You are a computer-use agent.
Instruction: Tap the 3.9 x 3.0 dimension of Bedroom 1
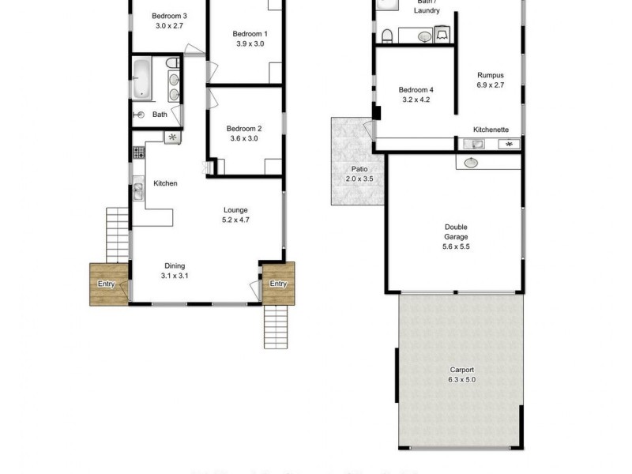point(250,44)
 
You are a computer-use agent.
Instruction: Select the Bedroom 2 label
point(243,129)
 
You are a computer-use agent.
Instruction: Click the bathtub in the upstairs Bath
point(143,79)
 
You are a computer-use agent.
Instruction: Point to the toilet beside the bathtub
point(171,64)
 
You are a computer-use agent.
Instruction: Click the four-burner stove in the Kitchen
point(172,137)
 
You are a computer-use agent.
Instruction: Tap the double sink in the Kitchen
point(137,190)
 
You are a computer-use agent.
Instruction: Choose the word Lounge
point(235,210)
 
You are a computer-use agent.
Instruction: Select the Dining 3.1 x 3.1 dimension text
point(175,276)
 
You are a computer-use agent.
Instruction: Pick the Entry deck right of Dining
point(278,284)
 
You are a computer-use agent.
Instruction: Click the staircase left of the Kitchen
point(118,229)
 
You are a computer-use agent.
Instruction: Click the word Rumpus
point(490,75)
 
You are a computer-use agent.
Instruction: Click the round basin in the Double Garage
point(472,163)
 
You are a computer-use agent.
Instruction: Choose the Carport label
point(462,370)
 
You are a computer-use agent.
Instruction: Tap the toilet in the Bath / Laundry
point(387,35)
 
